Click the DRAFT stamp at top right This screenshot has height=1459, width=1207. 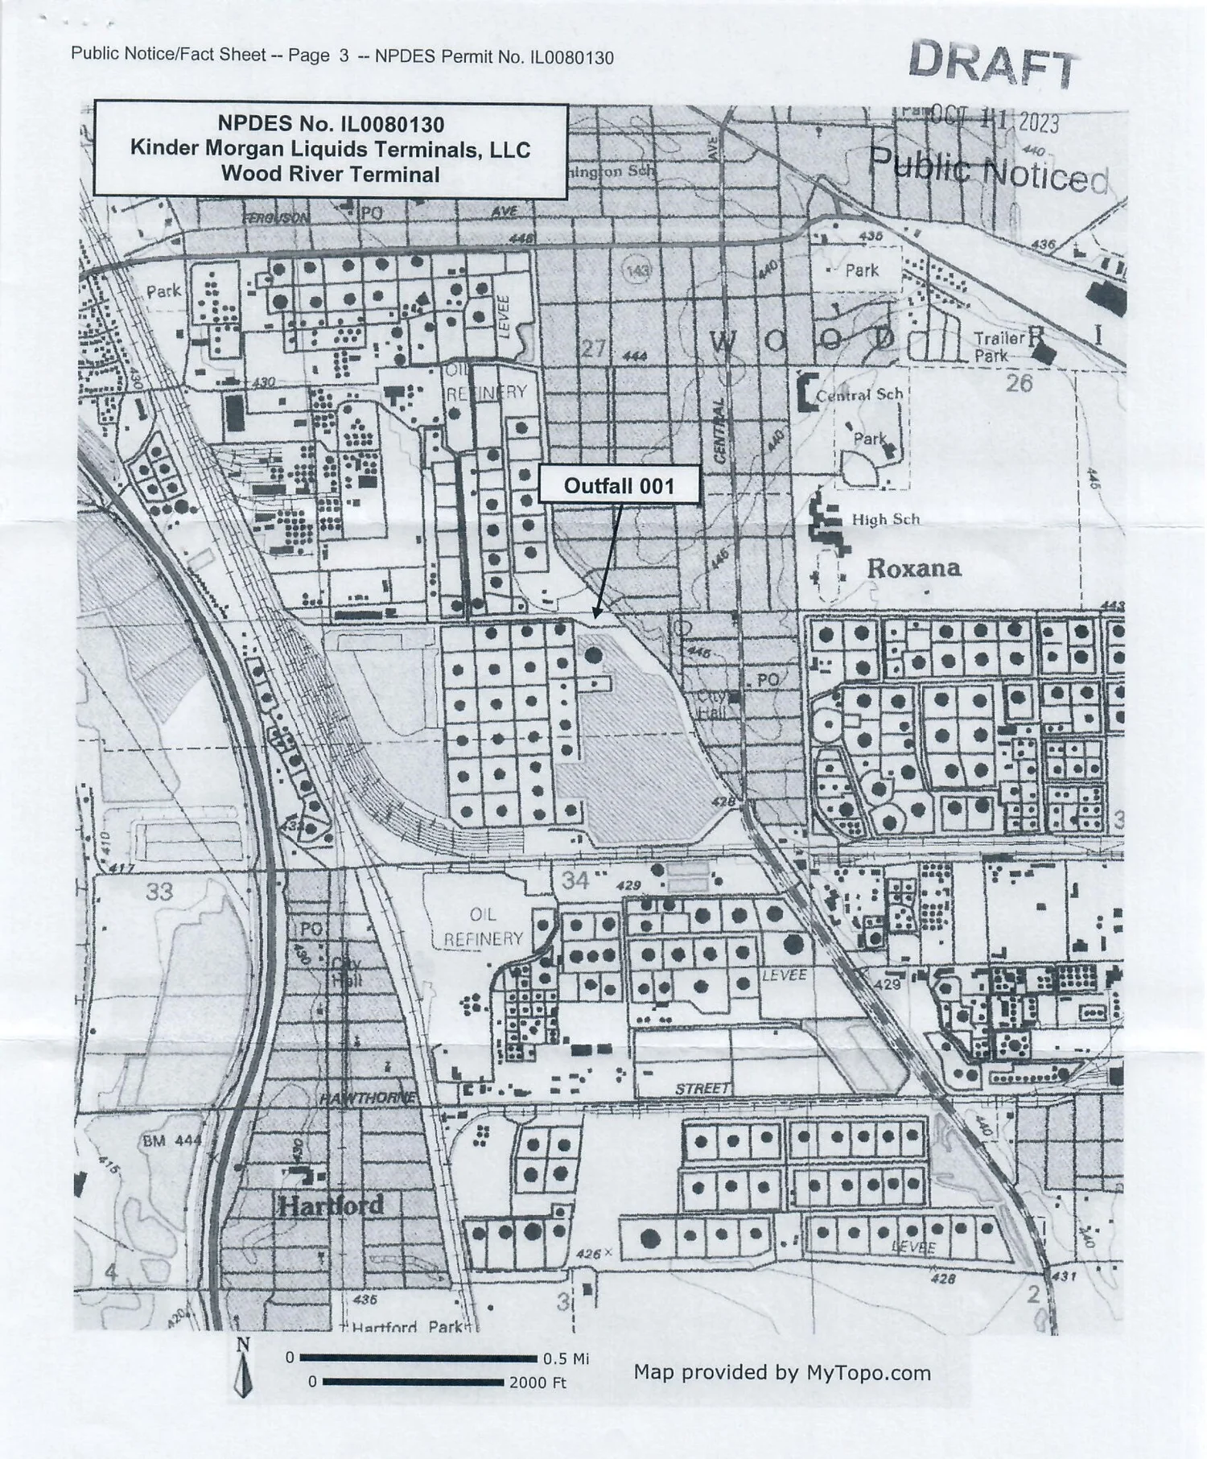tap(993, 64)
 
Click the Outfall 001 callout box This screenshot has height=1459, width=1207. tap(618, 485)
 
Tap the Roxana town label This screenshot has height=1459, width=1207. tap(913, 568)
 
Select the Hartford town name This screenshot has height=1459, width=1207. tap(330, 1206)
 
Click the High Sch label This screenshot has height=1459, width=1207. tap(885, 520)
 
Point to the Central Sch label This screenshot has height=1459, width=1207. tap(859, 395)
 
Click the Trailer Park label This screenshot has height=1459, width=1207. tap(999, 346)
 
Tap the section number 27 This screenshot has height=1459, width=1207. tap(593, 348)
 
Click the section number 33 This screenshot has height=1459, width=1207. tap(159, 891)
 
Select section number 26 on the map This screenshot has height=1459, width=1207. tap(1019, 382)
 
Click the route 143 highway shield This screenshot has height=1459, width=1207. tap(636, 270)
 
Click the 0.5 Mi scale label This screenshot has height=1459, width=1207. tap(566, 1358)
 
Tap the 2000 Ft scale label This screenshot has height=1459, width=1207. tap(538, 1383)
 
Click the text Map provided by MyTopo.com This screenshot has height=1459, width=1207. tap(781, 1372)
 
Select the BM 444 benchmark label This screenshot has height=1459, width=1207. tap(171, 1140)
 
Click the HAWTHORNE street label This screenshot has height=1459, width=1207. tap(368, 1098)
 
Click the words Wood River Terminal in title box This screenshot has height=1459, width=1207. tap(330, 174)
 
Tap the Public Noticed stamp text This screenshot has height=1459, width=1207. tap(989, 171)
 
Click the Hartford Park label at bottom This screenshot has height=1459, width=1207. tap(406, 1327)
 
